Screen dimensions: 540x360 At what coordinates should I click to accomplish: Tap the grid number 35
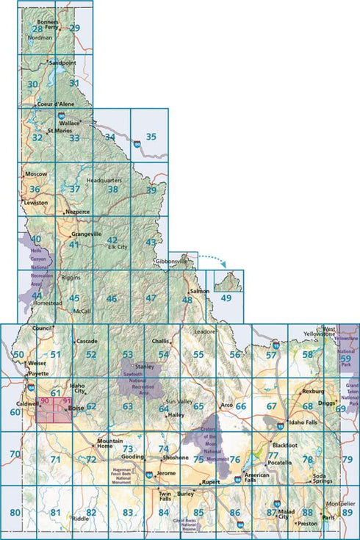tap(151, 136)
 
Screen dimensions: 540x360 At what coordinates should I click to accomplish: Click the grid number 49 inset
tap(226, 298)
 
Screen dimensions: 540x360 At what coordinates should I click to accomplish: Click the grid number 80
tap(15, 512)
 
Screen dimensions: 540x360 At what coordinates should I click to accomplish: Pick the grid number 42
tap(112, 240)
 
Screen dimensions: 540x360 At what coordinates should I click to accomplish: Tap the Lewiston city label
tap(36, 202)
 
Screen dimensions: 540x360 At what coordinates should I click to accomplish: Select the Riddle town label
tap(80, 519)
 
